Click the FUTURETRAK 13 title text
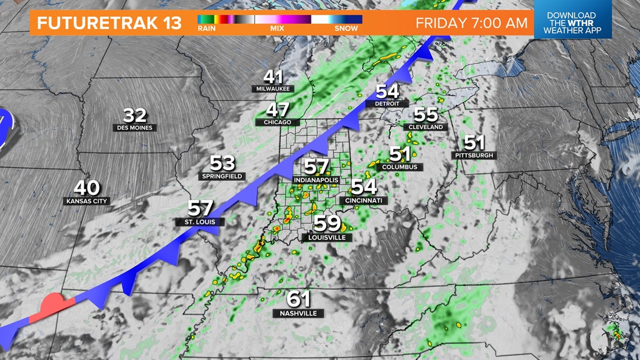(109, 23)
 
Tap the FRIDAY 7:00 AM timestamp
(472, 23)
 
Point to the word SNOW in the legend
(346, 28)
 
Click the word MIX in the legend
(277, 28)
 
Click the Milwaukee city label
(273, 89)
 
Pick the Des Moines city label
(135, 127)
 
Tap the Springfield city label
(222, 176)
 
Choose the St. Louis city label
(200, 221)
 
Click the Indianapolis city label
(316, 180)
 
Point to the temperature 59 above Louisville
(327, 224)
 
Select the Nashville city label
(298, 313)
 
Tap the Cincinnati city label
(363, 200)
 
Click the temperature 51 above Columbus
(400, 153)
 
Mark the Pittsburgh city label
(474, 154)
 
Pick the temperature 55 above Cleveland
(426, 114)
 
